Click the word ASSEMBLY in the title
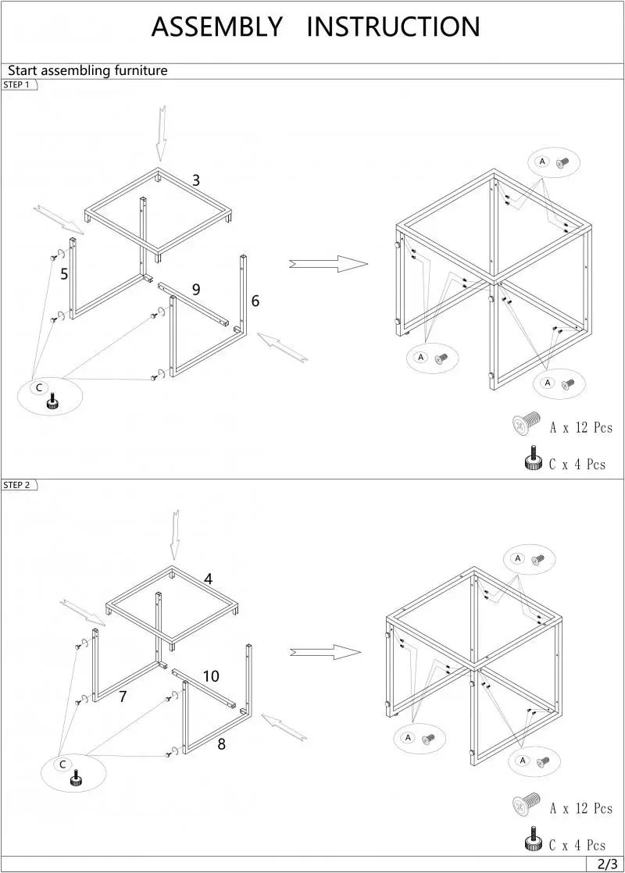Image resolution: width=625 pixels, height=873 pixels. click(216, 27)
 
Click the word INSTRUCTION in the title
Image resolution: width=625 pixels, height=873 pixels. click(393, 27)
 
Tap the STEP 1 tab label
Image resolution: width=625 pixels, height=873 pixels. click(17, 85)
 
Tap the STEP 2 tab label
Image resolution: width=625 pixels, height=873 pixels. click(17, 485)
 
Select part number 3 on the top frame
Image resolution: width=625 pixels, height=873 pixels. click(196, 180)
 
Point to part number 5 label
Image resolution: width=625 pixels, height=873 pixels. click(64, 274)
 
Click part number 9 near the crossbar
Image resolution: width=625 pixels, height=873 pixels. click(196, 290)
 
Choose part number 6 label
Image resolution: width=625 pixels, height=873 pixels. click(255, 301)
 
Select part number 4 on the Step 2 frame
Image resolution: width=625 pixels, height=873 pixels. click(209, 579)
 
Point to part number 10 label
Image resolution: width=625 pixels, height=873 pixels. click(211, 676)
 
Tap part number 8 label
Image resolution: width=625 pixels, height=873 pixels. click(222, 744)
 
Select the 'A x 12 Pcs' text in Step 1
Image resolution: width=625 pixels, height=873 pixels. click(580, 427)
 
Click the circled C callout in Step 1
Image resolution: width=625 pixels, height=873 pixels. click(37, 387)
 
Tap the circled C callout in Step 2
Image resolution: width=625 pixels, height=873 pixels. click(62, 764)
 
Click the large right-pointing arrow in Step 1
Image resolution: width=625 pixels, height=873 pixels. click(328, 264)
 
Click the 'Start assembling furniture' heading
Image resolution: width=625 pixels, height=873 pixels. click(87, 71)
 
